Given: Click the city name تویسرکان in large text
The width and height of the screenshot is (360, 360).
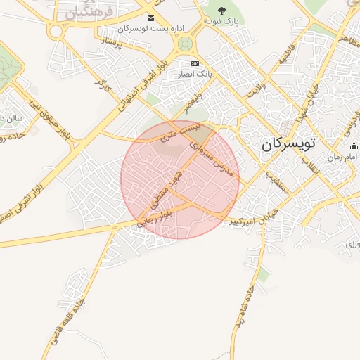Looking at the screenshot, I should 289,144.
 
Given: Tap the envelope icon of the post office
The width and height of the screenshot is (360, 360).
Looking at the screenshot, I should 150,18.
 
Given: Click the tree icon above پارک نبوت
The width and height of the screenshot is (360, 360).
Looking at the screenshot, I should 222,11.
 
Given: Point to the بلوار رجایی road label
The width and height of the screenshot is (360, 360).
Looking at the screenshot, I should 153,220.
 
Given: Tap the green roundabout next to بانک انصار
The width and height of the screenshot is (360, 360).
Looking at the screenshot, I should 186,44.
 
